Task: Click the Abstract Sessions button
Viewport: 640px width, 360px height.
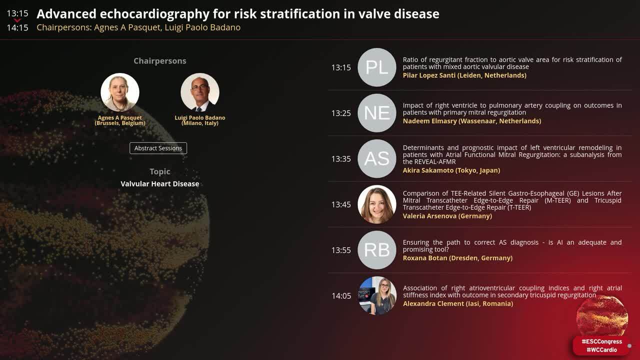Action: click(158, 148)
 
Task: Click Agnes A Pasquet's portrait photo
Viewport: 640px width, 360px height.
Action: click(120, 92)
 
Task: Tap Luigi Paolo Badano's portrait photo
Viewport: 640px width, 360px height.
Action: click(200, 92)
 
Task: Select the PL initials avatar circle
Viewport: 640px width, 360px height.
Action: click(377, 67)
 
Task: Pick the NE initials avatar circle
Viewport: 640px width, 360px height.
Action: click(377, 113)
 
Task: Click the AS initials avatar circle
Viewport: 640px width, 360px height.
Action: click(377, 158)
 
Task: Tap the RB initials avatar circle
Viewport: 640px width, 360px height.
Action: click(377, 250)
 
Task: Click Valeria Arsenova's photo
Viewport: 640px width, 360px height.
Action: click(377, 204)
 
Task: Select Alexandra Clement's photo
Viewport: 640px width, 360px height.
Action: click(377, 295)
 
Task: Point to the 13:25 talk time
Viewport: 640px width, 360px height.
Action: click(341, 113)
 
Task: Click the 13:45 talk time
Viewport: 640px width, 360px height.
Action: click(341, 204)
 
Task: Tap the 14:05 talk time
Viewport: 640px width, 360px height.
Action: click(341, 296)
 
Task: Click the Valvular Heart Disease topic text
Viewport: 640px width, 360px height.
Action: click(159, 184)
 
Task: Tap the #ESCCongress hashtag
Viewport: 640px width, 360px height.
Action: click(601, 342)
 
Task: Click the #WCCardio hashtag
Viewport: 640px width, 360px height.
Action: click(601, 350)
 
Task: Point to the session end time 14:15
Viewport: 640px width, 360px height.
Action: click(17, 28)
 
